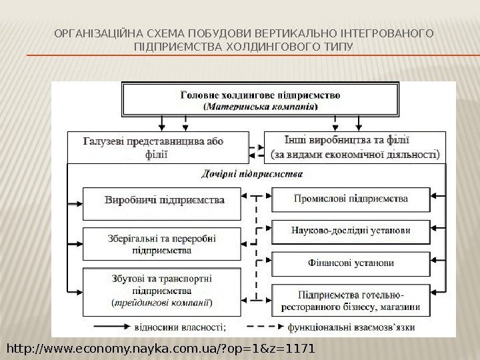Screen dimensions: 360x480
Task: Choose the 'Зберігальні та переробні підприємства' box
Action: [x=162, y=243]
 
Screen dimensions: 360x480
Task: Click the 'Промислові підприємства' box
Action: [x=351, y=199]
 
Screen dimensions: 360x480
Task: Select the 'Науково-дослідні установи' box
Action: [x=351, y=231]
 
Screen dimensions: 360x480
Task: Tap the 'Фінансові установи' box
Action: [x=351, y=263]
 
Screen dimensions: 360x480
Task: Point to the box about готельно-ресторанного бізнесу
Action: [x=351, y=299]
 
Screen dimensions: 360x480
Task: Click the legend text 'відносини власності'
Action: [x=180, y=327]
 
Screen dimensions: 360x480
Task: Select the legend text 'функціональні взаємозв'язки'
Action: [x=353, y=327]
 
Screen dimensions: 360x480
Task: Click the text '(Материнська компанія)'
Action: [x=261, y=106]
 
